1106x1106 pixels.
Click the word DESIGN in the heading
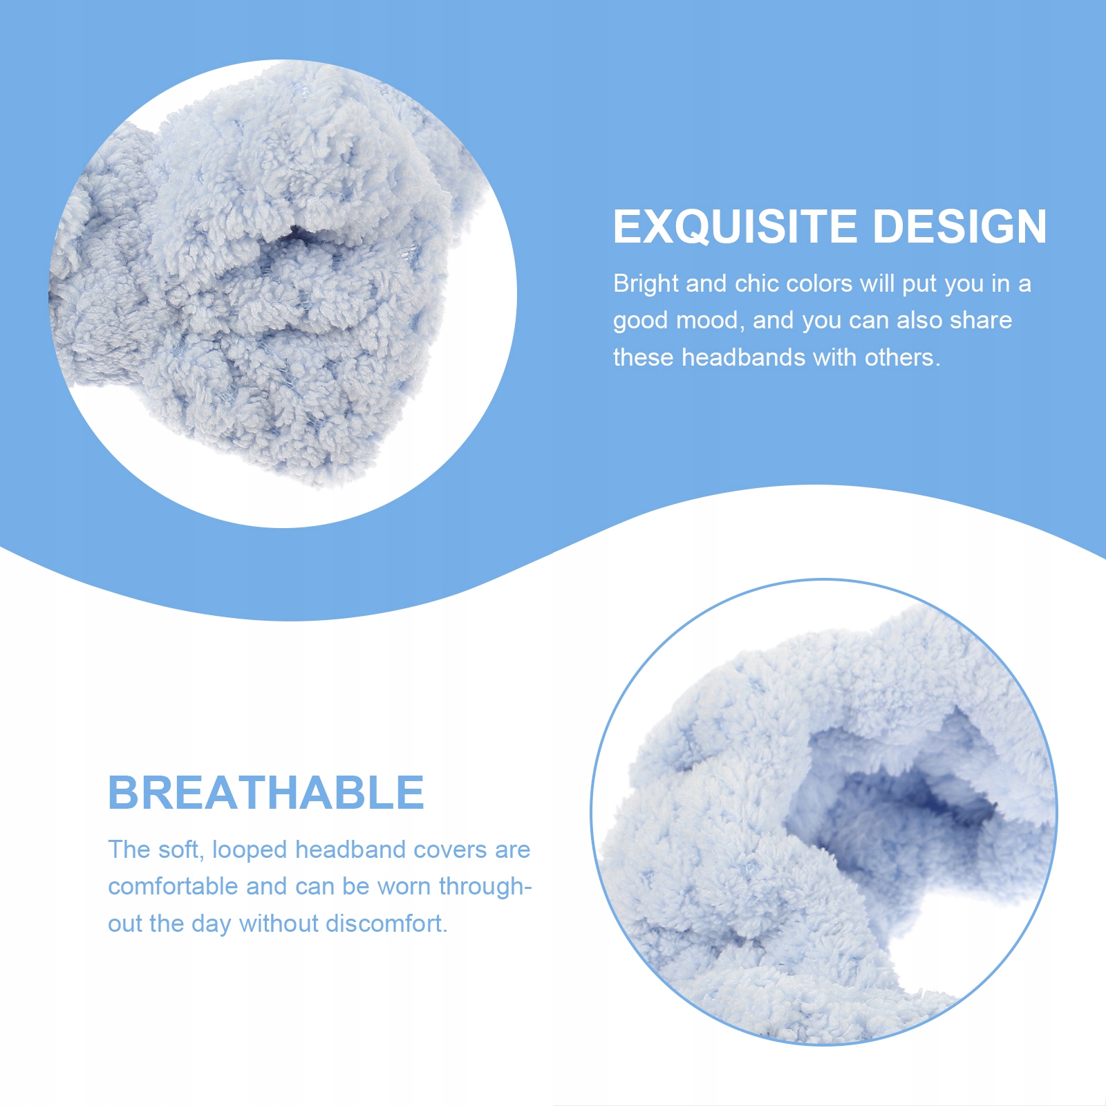[960, 227]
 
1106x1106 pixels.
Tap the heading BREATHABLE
[266, 792]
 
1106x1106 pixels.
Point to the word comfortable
[173, 886]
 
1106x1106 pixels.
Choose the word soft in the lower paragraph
[180, 850]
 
